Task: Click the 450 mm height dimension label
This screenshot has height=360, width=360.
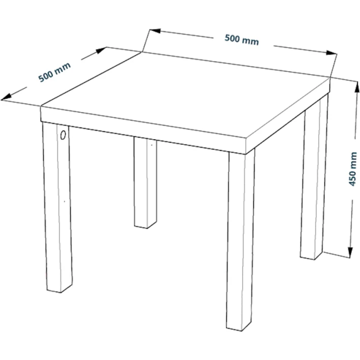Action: [x=353, y=169]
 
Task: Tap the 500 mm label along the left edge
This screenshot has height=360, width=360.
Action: [x=54, y=72]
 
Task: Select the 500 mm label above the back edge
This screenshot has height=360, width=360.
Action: [x=242, y=40]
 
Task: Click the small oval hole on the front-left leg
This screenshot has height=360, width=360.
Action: [x=63, y=135]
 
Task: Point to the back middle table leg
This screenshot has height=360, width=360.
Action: [x=145, y=183]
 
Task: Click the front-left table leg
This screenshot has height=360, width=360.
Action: [x=57, y=207]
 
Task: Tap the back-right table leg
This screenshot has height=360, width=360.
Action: [x=314, y=179]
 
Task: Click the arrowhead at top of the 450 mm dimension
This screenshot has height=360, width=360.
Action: [x=357, y=87]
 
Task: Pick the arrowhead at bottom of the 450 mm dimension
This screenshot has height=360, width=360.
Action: [x=350, y=253]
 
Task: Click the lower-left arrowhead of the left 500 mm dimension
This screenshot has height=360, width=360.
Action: [x=6, y=98]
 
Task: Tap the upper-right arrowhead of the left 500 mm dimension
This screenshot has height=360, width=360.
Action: [x=101, y=50]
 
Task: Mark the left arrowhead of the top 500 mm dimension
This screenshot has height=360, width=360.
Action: [x=155, y=31]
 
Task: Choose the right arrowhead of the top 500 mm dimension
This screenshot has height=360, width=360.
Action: [x=332, y=52]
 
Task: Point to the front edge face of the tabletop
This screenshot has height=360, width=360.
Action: [x=143, y=130]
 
